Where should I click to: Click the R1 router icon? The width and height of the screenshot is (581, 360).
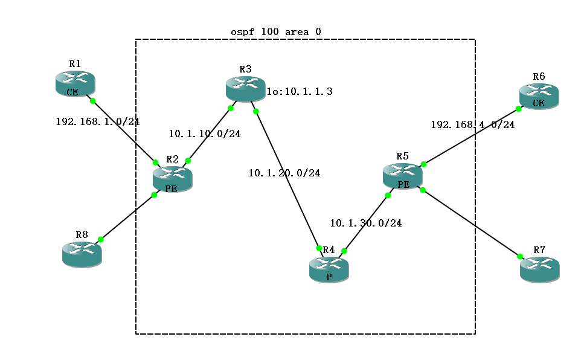[x=75, y=83]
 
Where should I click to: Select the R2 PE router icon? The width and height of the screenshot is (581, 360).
[x=172, y=179]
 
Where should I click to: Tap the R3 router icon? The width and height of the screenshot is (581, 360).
[x=245, y=89]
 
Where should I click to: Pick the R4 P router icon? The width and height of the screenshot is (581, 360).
[x=329, y=269]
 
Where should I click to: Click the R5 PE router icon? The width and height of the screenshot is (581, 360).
[x=402, y=176]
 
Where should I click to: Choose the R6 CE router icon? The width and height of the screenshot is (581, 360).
[x=539, y=95]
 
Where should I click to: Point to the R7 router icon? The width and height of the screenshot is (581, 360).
[x=539, y=269]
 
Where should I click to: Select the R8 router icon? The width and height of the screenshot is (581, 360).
[x=82, y=254]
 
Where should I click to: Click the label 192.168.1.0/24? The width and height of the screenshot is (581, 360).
[x=97, y=121]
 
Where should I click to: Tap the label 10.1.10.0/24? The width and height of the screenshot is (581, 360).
[x=204, y=134]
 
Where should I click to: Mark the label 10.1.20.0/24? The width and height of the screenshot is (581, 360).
[x=284, y=173]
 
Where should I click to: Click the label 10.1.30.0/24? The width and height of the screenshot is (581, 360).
[x=365, y=223]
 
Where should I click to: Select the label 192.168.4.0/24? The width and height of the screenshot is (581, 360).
[x=472, y=125]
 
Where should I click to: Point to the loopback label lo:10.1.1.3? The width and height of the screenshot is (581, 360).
[x=300, y=92]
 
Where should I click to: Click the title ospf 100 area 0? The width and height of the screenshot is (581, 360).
[x=280, y=31]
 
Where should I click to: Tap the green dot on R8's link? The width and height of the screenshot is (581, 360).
[x=101, y=240]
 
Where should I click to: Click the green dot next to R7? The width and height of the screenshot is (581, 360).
[x=519, y=257]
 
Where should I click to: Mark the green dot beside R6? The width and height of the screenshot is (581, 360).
[x=518, y=109]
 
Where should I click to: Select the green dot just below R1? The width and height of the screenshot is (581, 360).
[x=93, y=101]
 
